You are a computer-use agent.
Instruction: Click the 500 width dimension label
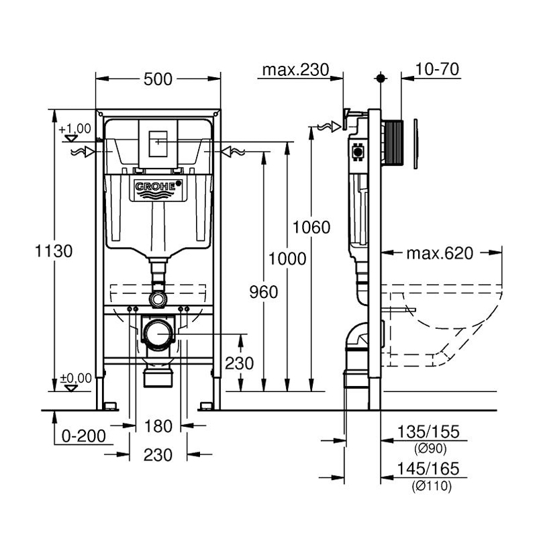pyautogui.click(x=158, y=79)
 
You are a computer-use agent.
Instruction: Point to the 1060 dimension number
pyautogui.click(x=311, y=227)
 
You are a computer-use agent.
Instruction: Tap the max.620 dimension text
pyautogui.click(x=440, y=253)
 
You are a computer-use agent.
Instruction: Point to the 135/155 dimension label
pyautogui.click(x=430, y=432)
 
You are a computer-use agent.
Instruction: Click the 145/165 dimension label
pyautogui.click(x=430, y=469)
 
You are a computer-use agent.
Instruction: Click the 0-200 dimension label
pyautogui.click(x=83, y=436)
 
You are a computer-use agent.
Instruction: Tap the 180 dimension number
pyautogui.click(x=158, y=426)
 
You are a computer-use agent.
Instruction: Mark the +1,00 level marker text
pyautogui.click(x=75, y=128)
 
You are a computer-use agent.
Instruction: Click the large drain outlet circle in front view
pyautogui.click(x=158, y=333)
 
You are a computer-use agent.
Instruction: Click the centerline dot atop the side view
pyautogui.click(x=381, y=79)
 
